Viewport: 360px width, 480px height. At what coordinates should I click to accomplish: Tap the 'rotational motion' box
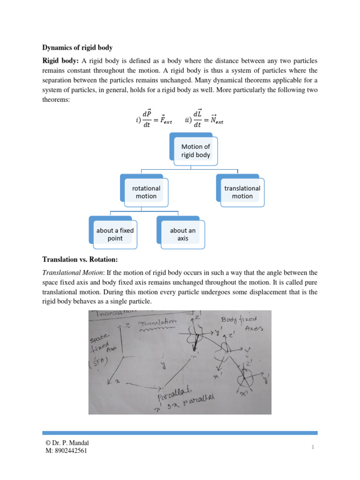[146, 192]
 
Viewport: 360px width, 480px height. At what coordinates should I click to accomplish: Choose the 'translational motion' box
[242, 192]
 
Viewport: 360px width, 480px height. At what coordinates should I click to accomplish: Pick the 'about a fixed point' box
[115, 234]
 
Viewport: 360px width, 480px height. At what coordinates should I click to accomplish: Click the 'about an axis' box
[182, 234]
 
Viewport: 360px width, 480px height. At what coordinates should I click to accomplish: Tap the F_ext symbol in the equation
[164, 121]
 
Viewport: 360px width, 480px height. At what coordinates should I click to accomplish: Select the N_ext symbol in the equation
[215, 121]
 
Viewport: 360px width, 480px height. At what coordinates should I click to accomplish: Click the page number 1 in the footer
[312, 448]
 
